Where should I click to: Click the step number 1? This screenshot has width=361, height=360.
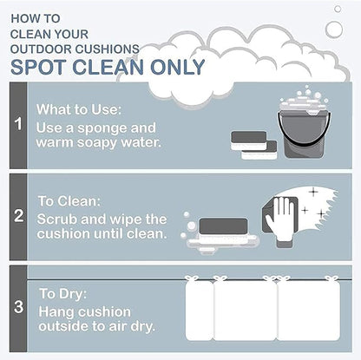pos(18,123)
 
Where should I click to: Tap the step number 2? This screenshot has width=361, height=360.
pos(19,216)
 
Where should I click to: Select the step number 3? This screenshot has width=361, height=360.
pos(19,307)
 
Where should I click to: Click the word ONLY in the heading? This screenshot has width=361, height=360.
pos(178,67)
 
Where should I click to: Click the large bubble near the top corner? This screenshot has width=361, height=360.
pos(334,29)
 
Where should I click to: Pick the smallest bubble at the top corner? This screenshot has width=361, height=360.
pos(338,9)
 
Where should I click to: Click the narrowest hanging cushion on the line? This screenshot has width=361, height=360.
pos(199,308)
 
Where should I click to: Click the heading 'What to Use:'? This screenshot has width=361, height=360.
pos(79,109)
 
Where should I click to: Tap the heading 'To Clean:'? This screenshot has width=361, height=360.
pos(69,201)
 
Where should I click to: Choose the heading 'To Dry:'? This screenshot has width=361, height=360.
pos(63,294)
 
